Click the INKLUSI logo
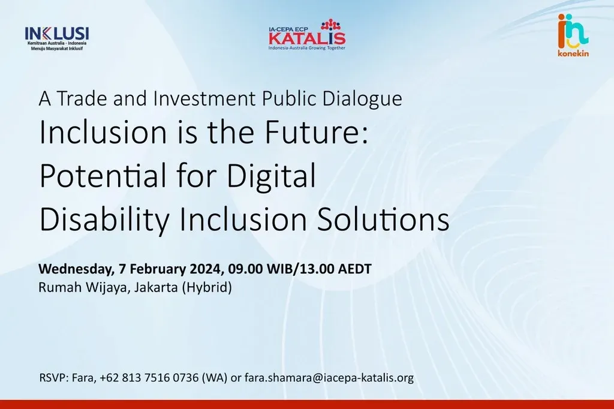pyautogui.click(x=57, y=38)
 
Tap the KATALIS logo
pyautogui.click(x=307, y=35)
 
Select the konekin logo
pyautogui.click(x=573, y=35)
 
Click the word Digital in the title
pyautogui.click(x=272, y=176)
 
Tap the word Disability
pyautogui.click(x=104, y=220)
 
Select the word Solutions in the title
pyautogui.click(x=383, y=219)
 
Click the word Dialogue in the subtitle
pyautogui.click(x=362, y=99)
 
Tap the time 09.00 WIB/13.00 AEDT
pyautogui.click(x=300, y=269)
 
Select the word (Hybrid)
pyautogui.click(x=207, y=287)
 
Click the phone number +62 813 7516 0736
pyautogui.click(x=149, y=378)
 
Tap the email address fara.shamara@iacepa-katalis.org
pyautogui.click(x=329, y=378)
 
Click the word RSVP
pyautogui.click(x=54, y=378)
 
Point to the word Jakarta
pyautogui.click(x=156, y=287)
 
